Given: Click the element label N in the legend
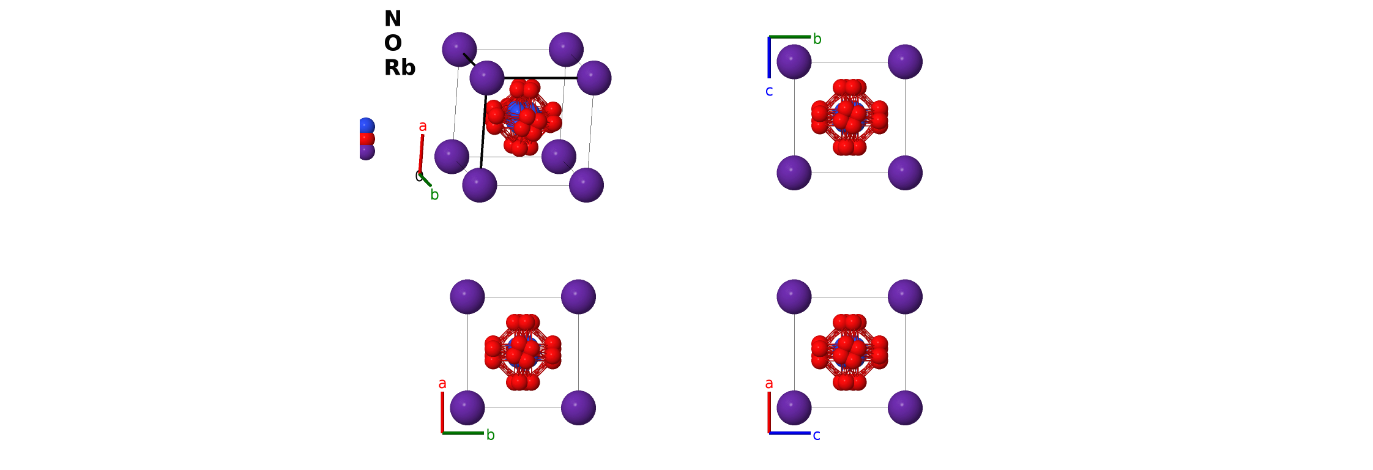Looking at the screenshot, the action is (392, 19).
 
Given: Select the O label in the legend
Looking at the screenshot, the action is (393, 43).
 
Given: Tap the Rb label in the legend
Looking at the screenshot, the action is (400, 68).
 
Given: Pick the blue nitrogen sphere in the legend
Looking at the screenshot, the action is (366, 126).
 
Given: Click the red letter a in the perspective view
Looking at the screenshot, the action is (423, 127).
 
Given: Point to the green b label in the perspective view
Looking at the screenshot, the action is (434, 195).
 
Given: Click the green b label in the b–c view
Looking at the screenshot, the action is (817, 39).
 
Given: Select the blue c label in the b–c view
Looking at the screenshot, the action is (769, 91).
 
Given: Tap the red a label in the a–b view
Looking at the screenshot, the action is (442, 384).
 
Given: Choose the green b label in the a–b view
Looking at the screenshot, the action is (490, 435).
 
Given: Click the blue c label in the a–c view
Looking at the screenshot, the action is (816, 435).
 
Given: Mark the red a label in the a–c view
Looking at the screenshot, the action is (769, 384).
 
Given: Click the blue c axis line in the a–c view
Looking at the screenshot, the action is (789, 433).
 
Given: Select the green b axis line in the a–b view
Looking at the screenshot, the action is (463, 433).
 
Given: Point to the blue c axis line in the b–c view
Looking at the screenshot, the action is (769, 58).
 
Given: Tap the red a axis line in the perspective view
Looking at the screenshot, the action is (421, 153).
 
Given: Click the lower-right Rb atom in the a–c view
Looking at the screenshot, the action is (905, 408).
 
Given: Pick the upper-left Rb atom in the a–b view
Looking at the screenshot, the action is (467, 297).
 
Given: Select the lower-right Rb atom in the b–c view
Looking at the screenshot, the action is (905, 173).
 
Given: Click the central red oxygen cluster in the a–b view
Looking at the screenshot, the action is (523, 352).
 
